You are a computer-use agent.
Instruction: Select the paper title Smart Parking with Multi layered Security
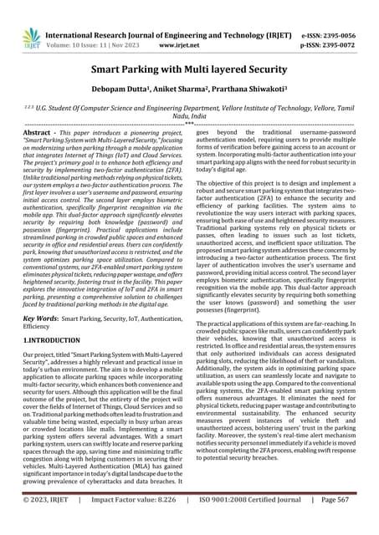click(189, 73)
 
